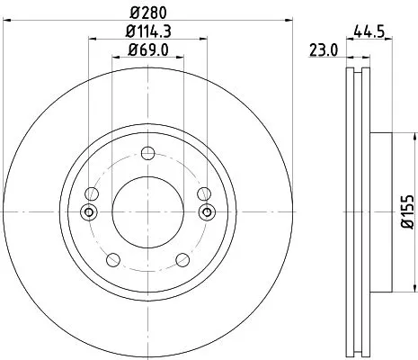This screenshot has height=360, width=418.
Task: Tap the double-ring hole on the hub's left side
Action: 88,212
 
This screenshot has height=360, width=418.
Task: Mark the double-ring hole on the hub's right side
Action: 206,212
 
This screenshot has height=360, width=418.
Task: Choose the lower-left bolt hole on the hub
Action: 111,260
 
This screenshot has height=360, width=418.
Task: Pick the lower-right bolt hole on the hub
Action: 182,260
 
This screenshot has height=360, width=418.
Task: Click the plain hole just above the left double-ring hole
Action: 90,193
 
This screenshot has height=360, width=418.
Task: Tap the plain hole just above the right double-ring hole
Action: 204,193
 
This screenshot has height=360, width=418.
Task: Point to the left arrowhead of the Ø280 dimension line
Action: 20,22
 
